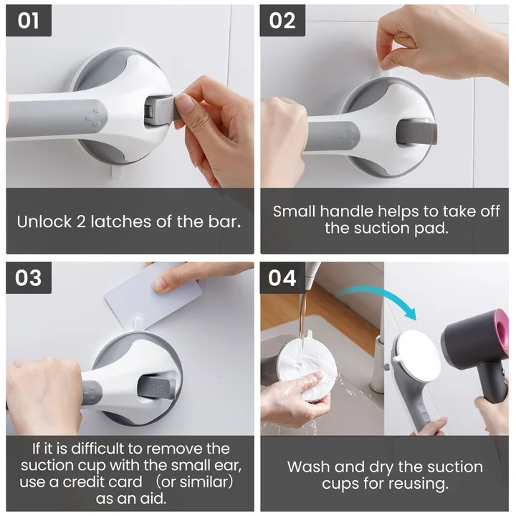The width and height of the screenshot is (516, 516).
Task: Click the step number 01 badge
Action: pyautogui.click(x=29, y=20)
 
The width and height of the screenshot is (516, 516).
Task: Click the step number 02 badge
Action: pyautogui.click(x=282, y=20)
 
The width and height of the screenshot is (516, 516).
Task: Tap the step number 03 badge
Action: pyautogui.click(x=29, y=278)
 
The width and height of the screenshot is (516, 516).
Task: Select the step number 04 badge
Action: pyautogui.click(x=282, y=278)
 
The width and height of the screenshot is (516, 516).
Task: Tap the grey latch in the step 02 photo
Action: pyautogui.click(x=417, y=132)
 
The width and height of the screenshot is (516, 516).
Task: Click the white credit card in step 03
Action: pyautogui.click(x=153, y=298)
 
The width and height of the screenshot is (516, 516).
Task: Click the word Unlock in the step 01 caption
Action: pyautogui.click(x=44, y=221)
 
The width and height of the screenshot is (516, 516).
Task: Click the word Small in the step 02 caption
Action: pyautogui.click(x=295, y=211)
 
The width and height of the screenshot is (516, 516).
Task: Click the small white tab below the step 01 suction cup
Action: pyautogui.click(x=116, y=172)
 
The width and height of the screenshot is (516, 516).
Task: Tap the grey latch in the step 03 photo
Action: pyautogui.click(x=156, y=388)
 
